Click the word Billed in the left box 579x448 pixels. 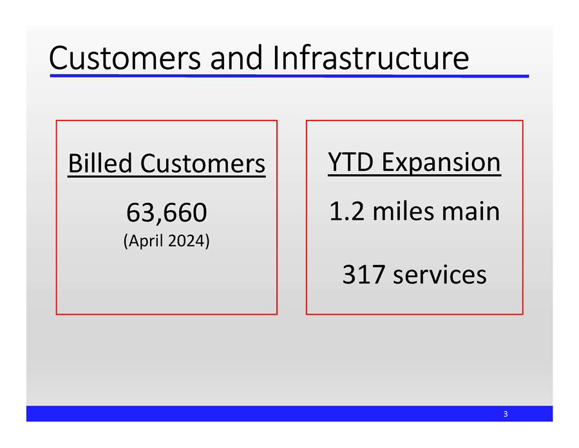[100, 164]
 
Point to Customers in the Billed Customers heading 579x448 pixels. [202, 164]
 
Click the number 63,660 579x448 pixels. [166, 211]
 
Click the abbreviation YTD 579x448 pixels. [350, 162]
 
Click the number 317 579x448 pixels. [363, 275]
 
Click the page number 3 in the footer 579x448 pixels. [506, 414]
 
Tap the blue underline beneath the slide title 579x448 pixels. [289, 75]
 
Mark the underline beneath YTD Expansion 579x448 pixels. [414, 174]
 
